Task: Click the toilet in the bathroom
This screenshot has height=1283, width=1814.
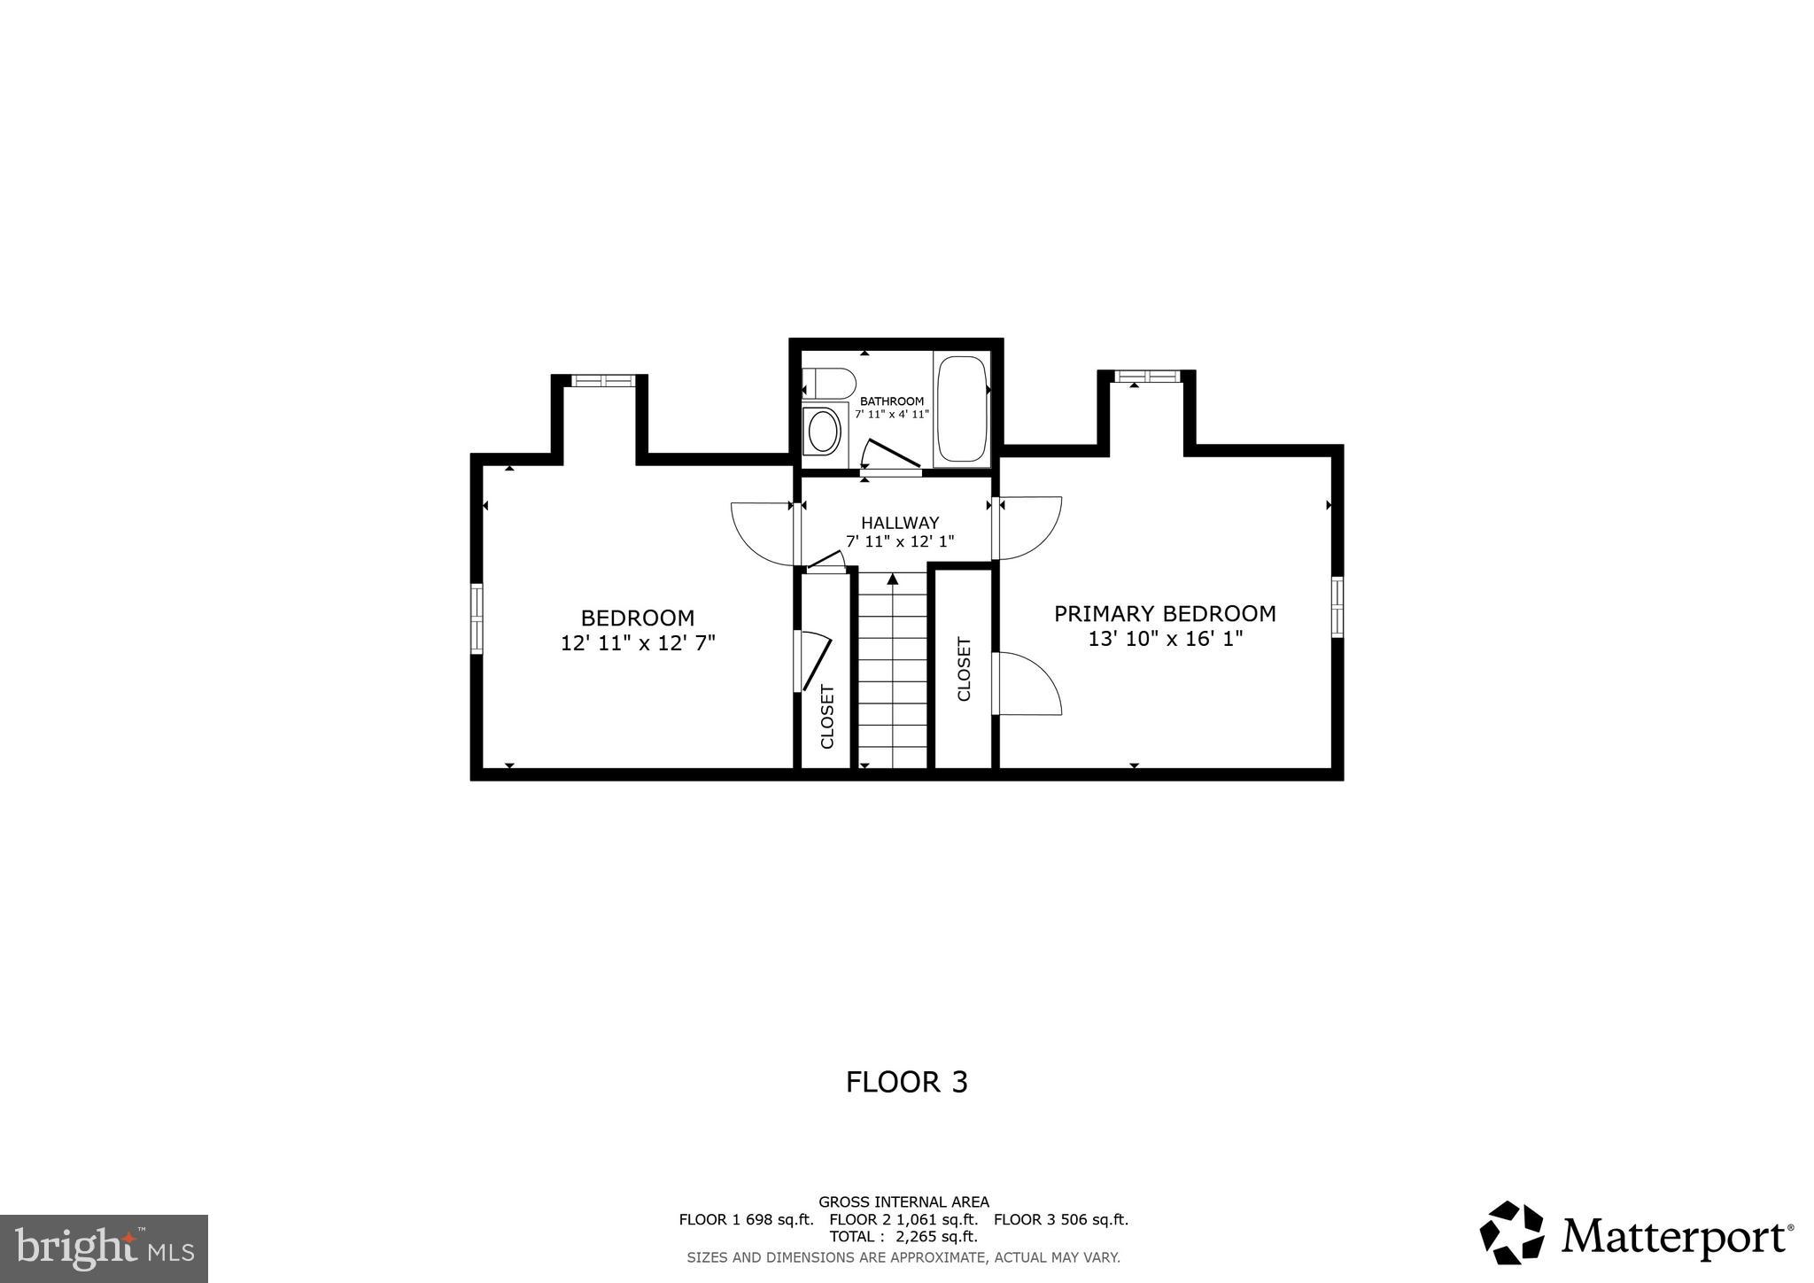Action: tap(829, 385)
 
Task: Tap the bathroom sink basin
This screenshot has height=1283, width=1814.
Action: tap(824, 432)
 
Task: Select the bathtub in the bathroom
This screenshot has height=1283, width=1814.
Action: tap(962, 409)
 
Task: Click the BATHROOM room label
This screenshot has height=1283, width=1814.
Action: tap(891, 401)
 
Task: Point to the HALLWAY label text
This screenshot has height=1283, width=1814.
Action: tap(899, 523)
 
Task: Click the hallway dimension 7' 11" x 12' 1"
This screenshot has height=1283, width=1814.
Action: tap(899, 541)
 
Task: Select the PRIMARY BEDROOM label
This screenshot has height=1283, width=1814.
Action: tap(1164, 613)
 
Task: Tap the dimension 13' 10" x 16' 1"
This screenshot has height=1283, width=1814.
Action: tap(1165, 639)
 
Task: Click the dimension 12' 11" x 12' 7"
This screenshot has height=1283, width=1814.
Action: tap(638, 642)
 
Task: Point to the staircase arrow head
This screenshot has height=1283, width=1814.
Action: tap(893, 579)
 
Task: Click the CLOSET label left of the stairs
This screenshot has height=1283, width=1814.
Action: tap(827, 716)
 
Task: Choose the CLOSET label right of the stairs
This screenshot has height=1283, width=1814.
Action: tap(964, 669)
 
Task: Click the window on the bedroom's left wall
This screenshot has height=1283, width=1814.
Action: tap(477, 618)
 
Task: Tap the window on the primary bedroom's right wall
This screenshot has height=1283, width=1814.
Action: tap(1337, 607)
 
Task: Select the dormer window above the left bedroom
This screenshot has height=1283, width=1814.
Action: tap(603, 381)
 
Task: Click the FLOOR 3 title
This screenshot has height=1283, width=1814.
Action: tap(906, 1082)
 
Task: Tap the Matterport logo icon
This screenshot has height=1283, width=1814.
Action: tap(1511, 1232)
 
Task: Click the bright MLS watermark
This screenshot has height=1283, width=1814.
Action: tap(105, 1248)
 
